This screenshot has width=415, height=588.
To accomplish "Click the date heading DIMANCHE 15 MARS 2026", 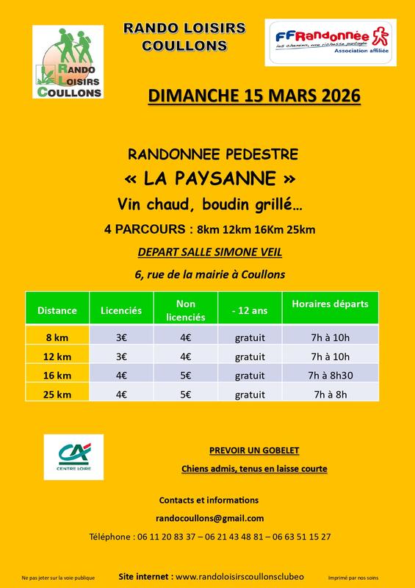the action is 254,96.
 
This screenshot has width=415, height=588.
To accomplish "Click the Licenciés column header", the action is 120,310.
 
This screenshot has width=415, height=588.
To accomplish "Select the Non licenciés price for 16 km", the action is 186,376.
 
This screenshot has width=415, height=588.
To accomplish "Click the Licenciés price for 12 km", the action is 120,356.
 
